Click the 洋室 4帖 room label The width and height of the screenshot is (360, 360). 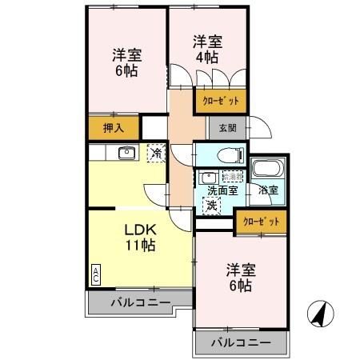tap(206, 50)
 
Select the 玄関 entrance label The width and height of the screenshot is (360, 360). tap(219, 127)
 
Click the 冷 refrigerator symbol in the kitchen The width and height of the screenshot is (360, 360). tap(157, 152)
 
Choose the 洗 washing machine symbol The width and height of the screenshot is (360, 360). tap(211, 206)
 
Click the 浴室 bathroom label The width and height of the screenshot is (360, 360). tap(267, 190)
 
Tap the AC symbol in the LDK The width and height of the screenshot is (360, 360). tap(96, 274)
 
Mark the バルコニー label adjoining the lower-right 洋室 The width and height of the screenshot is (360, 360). tap(241, 343)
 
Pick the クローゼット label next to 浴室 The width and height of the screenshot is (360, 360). tap(261, 221)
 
